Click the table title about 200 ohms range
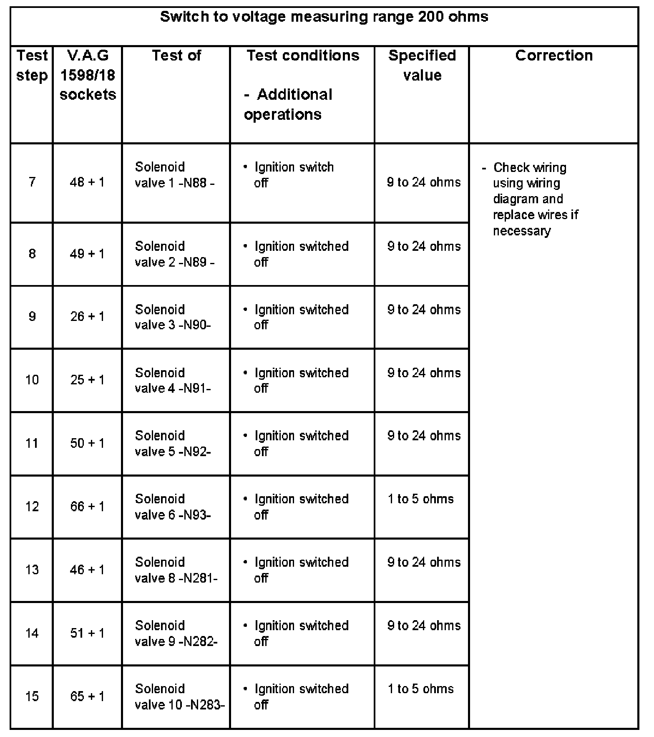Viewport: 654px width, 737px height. pos(324,17)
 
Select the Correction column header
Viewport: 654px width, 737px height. pos(553,56)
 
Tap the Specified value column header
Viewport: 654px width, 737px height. pos(422,65)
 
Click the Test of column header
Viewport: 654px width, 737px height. pos(176,56)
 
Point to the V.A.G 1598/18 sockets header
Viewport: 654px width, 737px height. pos(88,75)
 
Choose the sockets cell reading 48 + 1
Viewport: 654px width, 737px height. pos(88,182)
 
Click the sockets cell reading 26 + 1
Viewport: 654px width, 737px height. pos(88,316)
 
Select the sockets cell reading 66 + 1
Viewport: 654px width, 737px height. pos(88,506)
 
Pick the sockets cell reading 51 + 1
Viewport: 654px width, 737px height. pos(88,633)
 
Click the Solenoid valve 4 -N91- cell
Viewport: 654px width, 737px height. pos(173,380)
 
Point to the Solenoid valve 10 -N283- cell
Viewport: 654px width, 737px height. pos(180,697)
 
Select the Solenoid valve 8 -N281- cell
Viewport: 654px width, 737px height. pos(176,570)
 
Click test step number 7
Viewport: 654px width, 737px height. pos(32,182)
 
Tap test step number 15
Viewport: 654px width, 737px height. pos(32,696)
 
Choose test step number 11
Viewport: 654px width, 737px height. pos(32,443)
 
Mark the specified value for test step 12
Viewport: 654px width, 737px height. pos(420,499)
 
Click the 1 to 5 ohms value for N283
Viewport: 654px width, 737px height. pos(420,689)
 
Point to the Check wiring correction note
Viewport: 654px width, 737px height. pos(530,199)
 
